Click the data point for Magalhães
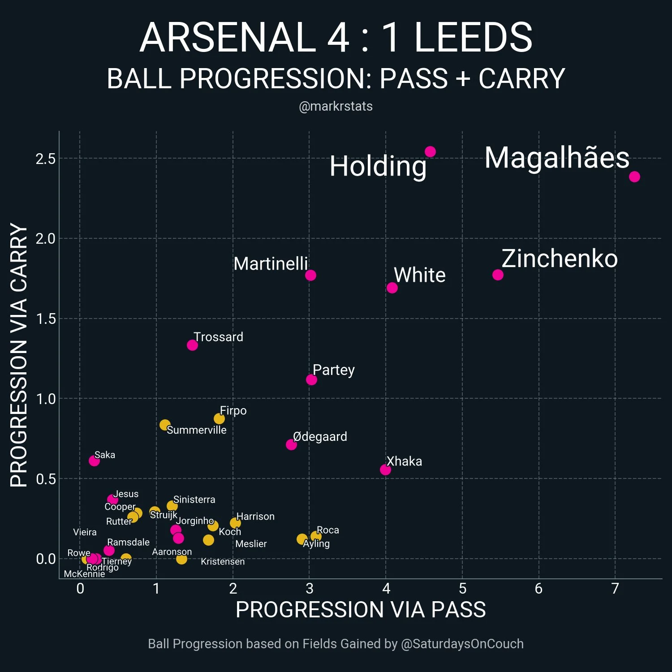(x=634, y=177)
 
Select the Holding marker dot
(x=430, y=152)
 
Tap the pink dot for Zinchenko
(x=498, y=275)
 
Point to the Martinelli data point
(x=310, y=275)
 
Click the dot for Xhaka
(x=385, y=470)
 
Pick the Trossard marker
(x=192, y=345)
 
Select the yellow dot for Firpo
(x=219, y=418)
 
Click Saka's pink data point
(x=94, y=461)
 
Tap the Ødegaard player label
(x=320, y=436)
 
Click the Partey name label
(x=334, y=370)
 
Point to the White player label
(x=420, y=275)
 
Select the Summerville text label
(x=197, y=430)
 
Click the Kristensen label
(x=223, y=561)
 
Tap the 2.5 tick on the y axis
(x=46, y=159)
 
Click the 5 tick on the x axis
(x=462, y=588)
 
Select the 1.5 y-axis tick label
(x=46, y=319)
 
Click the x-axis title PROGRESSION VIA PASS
(x=361, y=610)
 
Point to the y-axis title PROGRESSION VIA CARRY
(x=19, y=355)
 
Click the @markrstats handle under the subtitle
(x=336, y=106)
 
